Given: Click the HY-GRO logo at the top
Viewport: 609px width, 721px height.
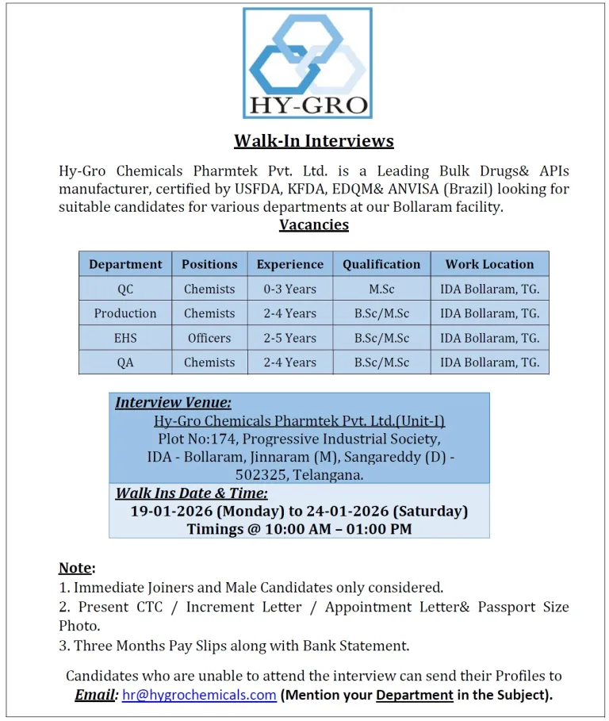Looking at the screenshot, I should point(307,63).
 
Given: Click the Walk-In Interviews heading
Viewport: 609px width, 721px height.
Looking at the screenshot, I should point(313,141).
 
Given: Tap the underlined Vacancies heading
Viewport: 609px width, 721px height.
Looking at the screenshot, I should point(313,224).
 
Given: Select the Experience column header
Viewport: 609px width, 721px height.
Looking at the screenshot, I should point(290,264).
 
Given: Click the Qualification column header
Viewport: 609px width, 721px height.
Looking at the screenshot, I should point(381,264).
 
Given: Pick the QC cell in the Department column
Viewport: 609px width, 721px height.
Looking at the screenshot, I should point(125,289).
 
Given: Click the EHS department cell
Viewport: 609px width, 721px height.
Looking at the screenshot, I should point(125,338).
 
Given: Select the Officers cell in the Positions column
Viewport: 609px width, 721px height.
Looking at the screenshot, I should point(209,338).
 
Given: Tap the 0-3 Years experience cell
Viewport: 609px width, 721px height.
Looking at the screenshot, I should point(290,289).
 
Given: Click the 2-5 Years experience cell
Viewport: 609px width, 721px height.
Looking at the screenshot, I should point(290,338).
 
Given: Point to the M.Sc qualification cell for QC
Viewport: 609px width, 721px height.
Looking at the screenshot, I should point(381,289).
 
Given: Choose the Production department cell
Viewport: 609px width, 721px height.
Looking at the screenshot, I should point(125,313).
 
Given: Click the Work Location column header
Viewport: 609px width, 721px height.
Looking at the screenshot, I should point(489,264).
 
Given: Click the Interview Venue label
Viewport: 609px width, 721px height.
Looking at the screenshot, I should point(174,403).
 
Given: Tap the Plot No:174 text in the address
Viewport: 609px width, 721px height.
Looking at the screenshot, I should point(193,439).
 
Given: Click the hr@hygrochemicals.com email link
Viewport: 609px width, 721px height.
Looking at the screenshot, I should point(199,695).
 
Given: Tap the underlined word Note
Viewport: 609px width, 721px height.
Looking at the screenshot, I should point(75,568).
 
